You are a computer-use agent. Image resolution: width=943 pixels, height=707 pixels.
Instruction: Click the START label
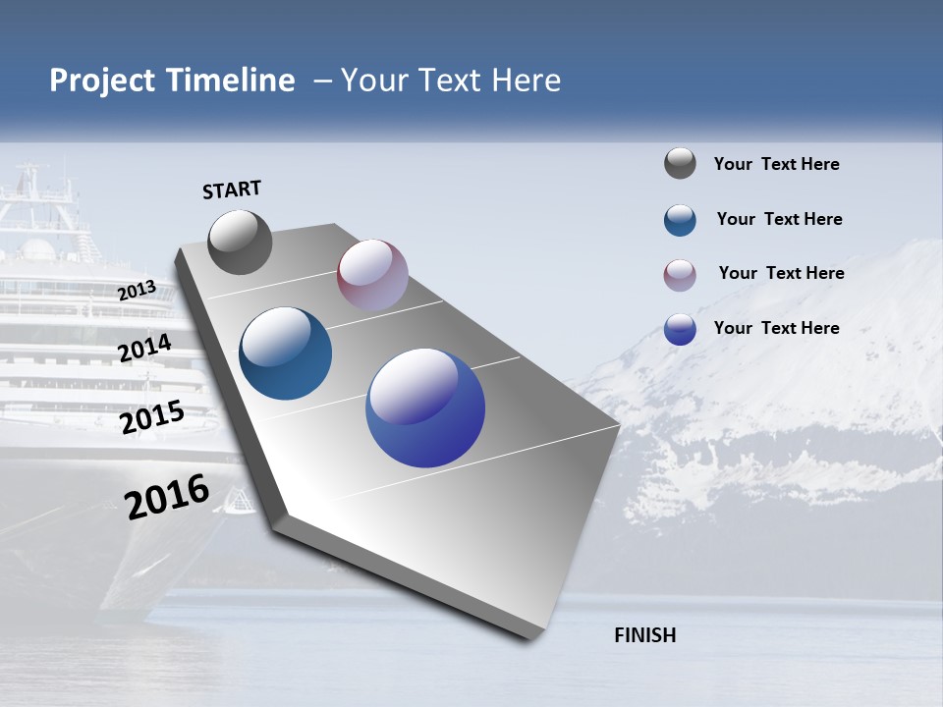(232, 190)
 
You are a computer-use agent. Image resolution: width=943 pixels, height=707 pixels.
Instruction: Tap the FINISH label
(645, 635)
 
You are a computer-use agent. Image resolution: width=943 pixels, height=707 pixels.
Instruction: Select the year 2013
(137, 291)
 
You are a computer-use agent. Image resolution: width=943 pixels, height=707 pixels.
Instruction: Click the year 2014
(145, 349)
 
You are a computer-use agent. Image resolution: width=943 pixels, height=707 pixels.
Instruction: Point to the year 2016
(167, 497)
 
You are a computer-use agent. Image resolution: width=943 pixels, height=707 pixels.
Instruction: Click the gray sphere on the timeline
(241, 243)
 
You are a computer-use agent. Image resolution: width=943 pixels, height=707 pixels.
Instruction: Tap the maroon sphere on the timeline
(372, 275)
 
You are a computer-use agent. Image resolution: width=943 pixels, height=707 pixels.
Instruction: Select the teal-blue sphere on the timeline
(286, 353)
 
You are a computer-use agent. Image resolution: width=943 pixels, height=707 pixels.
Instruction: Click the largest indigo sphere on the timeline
(425, 408)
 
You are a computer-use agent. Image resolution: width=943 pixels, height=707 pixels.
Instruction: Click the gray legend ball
(680, 163)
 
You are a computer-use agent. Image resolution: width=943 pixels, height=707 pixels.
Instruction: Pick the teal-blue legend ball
(680, 220)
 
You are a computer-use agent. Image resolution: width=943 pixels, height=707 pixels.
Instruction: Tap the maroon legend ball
(680, 275)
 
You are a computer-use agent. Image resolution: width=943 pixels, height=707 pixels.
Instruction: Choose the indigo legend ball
(680, 329)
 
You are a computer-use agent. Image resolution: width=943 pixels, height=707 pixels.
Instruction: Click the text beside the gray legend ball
(776, 165)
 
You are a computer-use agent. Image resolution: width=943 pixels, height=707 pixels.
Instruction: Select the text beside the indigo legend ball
(776, 328)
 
